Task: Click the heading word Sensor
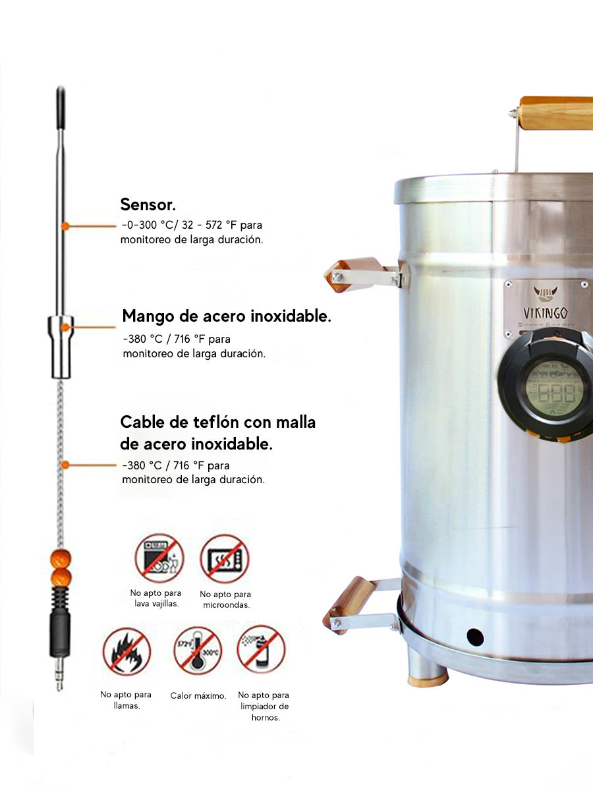tap(147, 204)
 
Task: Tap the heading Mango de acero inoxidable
tap(227, 316)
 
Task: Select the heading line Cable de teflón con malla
tap(217, 422)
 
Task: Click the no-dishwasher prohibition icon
tap(159, 558)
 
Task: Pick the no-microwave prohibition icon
tap(225, 558)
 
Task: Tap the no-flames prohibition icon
tap(127, 651)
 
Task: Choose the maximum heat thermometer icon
tap(198, 650)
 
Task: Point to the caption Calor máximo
tap(198, 695)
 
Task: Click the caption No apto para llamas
tap(126, 699)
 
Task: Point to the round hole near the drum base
tap(474, 637)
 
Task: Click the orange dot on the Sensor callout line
tap(65, 226)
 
